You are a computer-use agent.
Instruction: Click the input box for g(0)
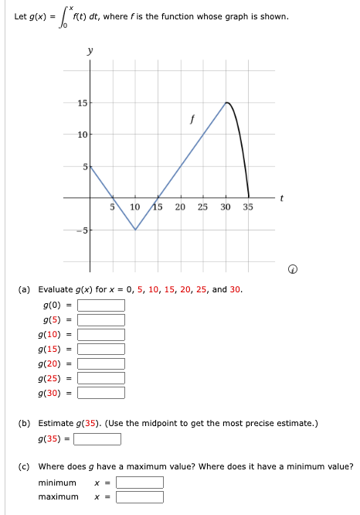[100, 305]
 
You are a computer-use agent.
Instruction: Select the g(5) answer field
[100, 320]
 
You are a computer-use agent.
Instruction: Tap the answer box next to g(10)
[100, 335]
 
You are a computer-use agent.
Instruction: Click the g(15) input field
[100, 349]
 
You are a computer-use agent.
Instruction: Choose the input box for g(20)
[100, 363]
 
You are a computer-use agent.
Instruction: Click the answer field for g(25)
[100, 377]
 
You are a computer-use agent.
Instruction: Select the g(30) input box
[100, 392]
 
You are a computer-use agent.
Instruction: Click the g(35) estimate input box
[97, 439]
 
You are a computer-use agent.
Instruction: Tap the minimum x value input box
[140, 483]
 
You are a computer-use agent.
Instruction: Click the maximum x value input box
[140, 496]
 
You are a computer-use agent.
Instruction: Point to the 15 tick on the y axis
[81, 103]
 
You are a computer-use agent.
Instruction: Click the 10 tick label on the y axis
[81, 135]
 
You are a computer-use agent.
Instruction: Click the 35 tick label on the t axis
[248, 207]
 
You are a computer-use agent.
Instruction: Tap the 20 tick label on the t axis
[180, 207]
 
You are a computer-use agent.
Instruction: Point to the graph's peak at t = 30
[226, 102]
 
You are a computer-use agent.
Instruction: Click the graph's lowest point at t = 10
[135, 230]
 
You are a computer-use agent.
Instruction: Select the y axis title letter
[90, 50]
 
